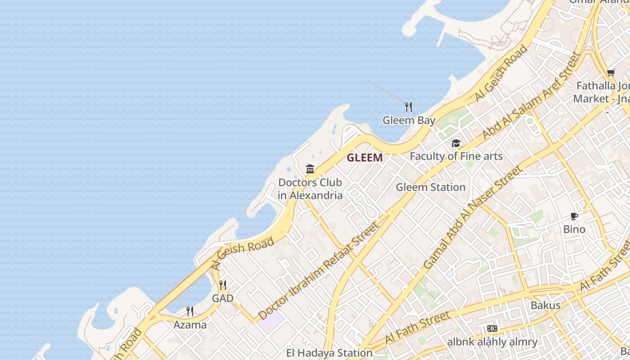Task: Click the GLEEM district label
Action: pos(364,157)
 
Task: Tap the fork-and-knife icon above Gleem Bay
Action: pos(409,107)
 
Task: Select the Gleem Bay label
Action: pos(409,120)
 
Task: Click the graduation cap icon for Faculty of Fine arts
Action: pos(456,144)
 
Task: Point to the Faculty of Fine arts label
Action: pos(456,156)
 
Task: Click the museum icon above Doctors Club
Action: pos(310,169)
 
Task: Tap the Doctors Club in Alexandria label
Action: pos(310,189)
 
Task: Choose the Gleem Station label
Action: pos(431,187)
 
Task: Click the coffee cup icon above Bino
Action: pos(574,216)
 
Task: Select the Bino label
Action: pos(574,229)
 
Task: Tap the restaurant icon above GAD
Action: pos(223,285)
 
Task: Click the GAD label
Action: pos(223,298)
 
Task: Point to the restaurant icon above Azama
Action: pos(190,311)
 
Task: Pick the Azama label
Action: pos(190,324)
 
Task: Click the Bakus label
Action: pos(545,305)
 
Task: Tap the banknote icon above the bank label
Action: pos(492,328)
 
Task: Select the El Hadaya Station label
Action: pos(329,353)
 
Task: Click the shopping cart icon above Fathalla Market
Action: pos(611,72)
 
